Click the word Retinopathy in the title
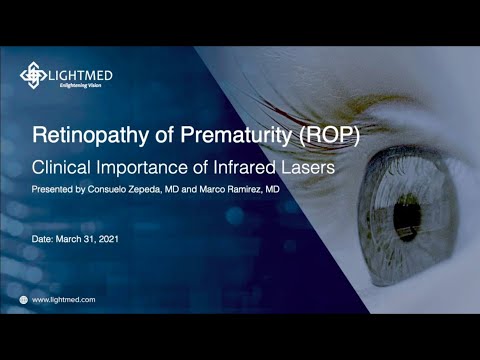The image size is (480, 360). pyautogui.click(x=87, y=134)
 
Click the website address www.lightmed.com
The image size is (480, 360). pyautogui.click(x=64, y=299)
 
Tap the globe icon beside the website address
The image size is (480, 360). pyautogui.click(x=24, y=299)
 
